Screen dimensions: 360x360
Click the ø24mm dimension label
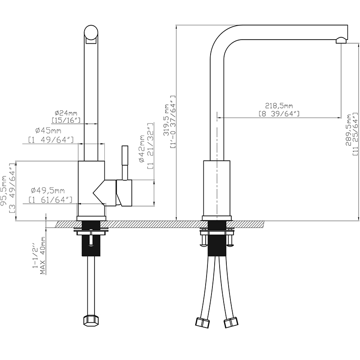click(66, 112)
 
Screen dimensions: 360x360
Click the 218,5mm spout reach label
click(279, 106)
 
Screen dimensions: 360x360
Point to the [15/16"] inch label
click(66, 120)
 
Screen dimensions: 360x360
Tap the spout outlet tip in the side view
click(341, 40)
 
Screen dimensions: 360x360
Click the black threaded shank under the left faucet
click(91, 244)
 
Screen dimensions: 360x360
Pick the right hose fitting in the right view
click(231, 322)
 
